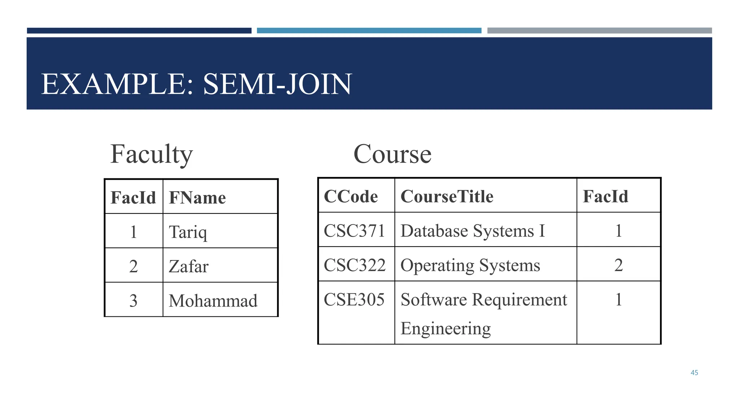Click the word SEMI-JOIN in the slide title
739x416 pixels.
277,84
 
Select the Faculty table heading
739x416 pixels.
152,154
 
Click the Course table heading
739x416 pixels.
392,154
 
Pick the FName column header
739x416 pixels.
197,198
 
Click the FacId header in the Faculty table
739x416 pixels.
133,198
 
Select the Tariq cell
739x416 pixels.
188,231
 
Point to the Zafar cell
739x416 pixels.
189,266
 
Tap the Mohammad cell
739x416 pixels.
213,300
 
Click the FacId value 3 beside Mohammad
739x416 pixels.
134,300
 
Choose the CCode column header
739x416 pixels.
351,196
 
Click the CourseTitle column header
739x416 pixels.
447,196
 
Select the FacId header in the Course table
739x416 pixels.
605,196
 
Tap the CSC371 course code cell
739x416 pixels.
354,231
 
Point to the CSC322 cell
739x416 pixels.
354,265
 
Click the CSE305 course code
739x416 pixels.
354,299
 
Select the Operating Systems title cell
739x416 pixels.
470,265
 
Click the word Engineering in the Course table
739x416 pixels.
446,328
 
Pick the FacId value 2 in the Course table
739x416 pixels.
618,265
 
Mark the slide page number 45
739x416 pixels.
694,373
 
